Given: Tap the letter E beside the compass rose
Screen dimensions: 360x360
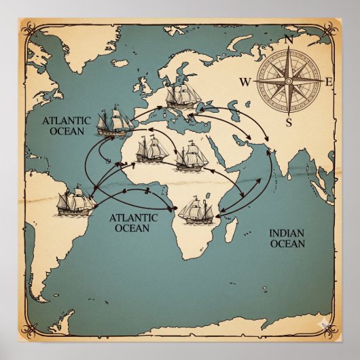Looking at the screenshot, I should (x=329, y=82).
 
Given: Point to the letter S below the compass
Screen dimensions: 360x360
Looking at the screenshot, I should (x=289, y=122).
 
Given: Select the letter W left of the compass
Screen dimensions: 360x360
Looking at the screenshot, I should (x=245, y=83).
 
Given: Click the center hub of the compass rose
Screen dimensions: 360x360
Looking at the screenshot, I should (x=288, y=82).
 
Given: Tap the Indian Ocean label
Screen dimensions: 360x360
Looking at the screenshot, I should (x=287, y=238).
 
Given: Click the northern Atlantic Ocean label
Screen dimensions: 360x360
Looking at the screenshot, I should (x=65, y=125).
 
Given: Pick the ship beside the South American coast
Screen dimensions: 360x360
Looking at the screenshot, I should (x=75, y=202).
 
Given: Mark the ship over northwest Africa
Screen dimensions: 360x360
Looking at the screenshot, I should (x=152, y=149).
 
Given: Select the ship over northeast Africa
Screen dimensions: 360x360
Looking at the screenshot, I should (x=191, y=156).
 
